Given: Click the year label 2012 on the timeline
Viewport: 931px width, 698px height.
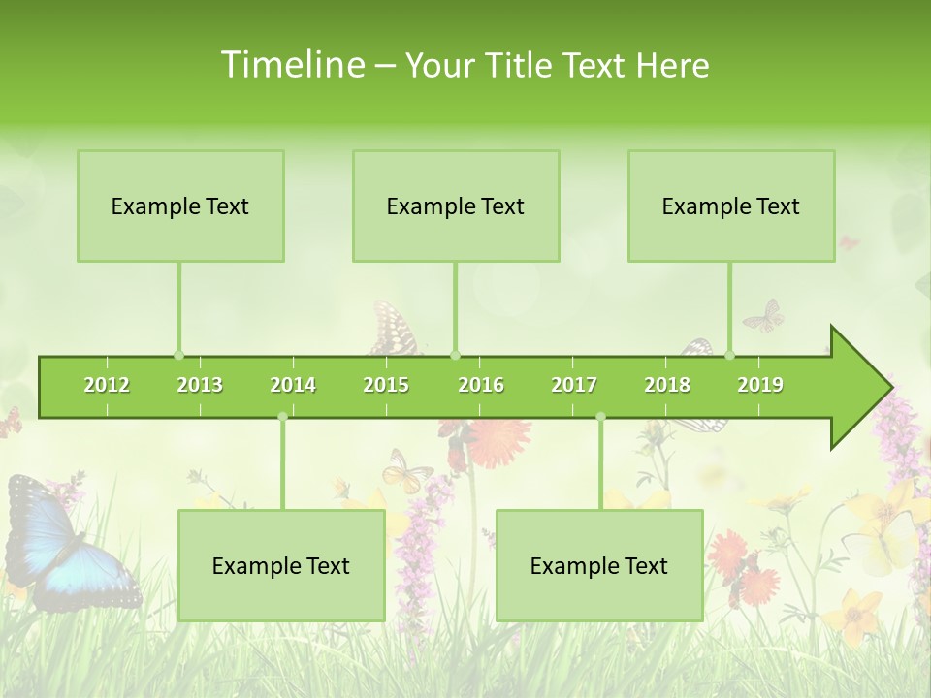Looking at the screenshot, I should click(x=107, y=385).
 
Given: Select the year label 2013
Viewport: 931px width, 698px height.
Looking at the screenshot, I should click(x=200, y=385).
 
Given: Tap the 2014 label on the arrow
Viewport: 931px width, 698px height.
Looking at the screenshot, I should click(x=293, y=385).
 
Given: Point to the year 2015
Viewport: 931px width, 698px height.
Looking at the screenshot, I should click(x=386, y=385).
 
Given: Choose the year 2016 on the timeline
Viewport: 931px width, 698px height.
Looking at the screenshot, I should click(x=481, y=385).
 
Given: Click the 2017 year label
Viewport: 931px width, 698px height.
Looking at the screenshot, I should click(x=574, y=385).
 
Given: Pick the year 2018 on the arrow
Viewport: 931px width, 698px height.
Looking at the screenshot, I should click(x=667, y=385).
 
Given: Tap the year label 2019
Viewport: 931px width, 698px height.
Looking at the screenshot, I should click(x=760, y=385).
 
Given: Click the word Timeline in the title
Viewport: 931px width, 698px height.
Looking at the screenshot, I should click(x=292, y=65).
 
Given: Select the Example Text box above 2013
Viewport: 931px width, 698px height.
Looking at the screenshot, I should click(x=180, y=206).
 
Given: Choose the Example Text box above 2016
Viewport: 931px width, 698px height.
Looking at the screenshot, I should click(x=456, y=206).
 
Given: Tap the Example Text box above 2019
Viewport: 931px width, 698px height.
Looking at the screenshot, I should click(x=731, y=206).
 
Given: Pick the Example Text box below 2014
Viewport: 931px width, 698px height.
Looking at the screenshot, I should click(x=281, y=565).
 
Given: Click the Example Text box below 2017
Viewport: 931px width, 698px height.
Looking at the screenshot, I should click(x=599, y=565).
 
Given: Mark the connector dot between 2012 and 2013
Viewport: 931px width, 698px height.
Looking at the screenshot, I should click(x=178, y=355).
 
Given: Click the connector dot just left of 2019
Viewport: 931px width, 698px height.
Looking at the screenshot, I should click(x=729, y=355).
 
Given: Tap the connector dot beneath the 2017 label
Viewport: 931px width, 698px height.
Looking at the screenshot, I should click(x=600, y=417).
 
